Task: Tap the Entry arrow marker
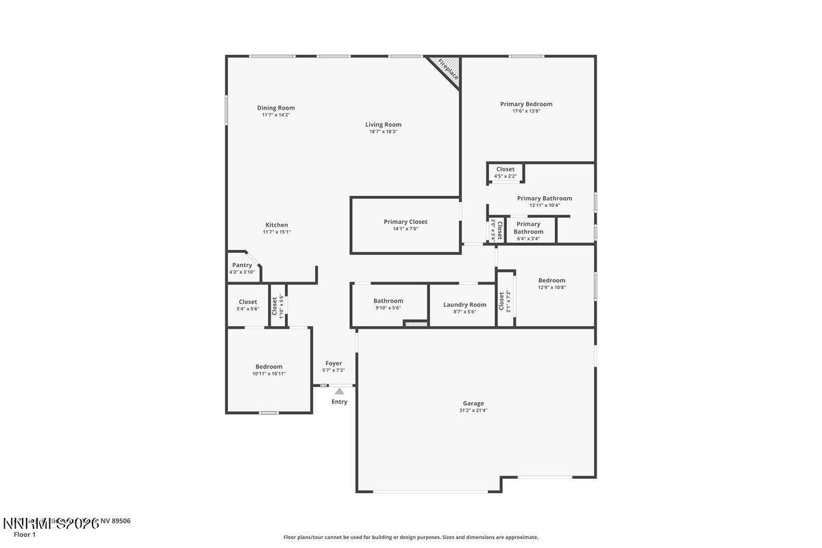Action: [339, 391]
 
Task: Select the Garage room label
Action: [473, 403]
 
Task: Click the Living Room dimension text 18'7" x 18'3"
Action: [383, 132]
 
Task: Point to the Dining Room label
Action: [275, 108]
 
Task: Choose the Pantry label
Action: [242, 265]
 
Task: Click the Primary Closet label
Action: [405, 222]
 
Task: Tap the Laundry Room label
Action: [464, 305]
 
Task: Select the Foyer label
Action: [333, 364]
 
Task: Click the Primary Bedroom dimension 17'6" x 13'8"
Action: [526, 111]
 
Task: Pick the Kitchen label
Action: [277, 225]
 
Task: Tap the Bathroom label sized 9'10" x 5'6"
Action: [388, 301]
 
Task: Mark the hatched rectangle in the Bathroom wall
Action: [415, 323]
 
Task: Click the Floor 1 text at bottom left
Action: [25, 534]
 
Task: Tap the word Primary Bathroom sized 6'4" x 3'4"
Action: [528, 228]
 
